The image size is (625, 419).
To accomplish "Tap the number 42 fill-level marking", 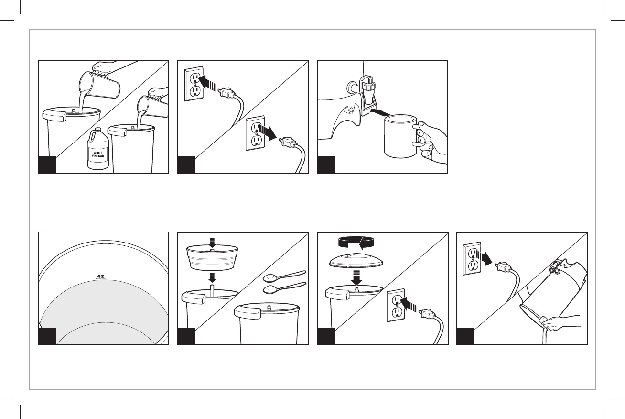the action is coord(100,276).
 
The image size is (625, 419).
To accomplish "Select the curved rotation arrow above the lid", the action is coord(356,242).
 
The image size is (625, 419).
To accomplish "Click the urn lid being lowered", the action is coord(356,260).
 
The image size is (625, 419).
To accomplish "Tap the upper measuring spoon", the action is coord(285,276).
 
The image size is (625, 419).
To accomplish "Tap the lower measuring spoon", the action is coord(285,288).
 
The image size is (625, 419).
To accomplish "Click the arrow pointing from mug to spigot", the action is coord(379,112).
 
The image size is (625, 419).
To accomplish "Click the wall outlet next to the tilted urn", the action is coord(472,258).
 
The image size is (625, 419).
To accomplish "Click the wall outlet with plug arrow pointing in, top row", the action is coord(194,84).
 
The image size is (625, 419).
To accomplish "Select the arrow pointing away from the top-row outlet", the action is coord(267,132).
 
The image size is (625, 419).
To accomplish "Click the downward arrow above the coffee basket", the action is coord(212,242).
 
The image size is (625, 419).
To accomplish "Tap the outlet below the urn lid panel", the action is coord(396,305).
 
